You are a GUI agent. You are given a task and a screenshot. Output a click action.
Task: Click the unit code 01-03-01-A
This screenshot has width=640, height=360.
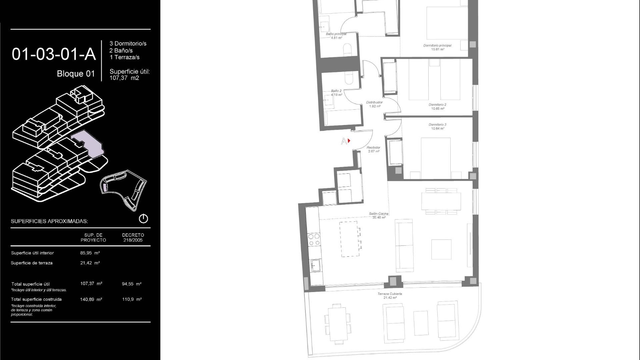[54, 54]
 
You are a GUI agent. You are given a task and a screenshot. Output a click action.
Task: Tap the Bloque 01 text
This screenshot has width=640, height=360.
[76, 74]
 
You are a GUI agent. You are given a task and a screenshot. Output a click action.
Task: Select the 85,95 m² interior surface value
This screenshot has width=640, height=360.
[90, 253]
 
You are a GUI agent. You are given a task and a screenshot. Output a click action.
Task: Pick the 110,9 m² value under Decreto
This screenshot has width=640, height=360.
[132, 299]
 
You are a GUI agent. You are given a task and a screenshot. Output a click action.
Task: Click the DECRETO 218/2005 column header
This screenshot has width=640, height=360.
[133, 237]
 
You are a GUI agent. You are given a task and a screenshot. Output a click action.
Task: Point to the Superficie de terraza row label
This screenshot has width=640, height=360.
[32, 263]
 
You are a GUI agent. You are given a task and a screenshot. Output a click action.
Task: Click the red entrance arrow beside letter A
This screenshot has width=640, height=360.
[349, 141]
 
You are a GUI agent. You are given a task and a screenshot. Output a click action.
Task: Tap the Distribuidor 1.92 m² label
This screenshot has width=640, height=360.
[374, 104]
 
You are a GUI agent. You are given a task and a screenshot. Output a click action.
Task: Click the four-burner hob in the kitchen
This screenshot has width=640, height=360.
[314, 240]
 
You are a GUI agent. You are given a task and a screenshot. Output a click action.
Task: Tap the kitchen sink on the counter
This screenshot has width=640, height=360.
[315, 266]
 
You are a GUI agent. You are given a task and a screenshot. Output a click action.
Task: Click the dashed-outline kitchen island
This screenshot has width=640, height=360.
[350, 239]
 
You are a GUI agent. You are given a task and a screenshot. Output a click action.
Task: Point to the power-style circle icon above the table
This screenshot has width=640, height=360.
[143, 219]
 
